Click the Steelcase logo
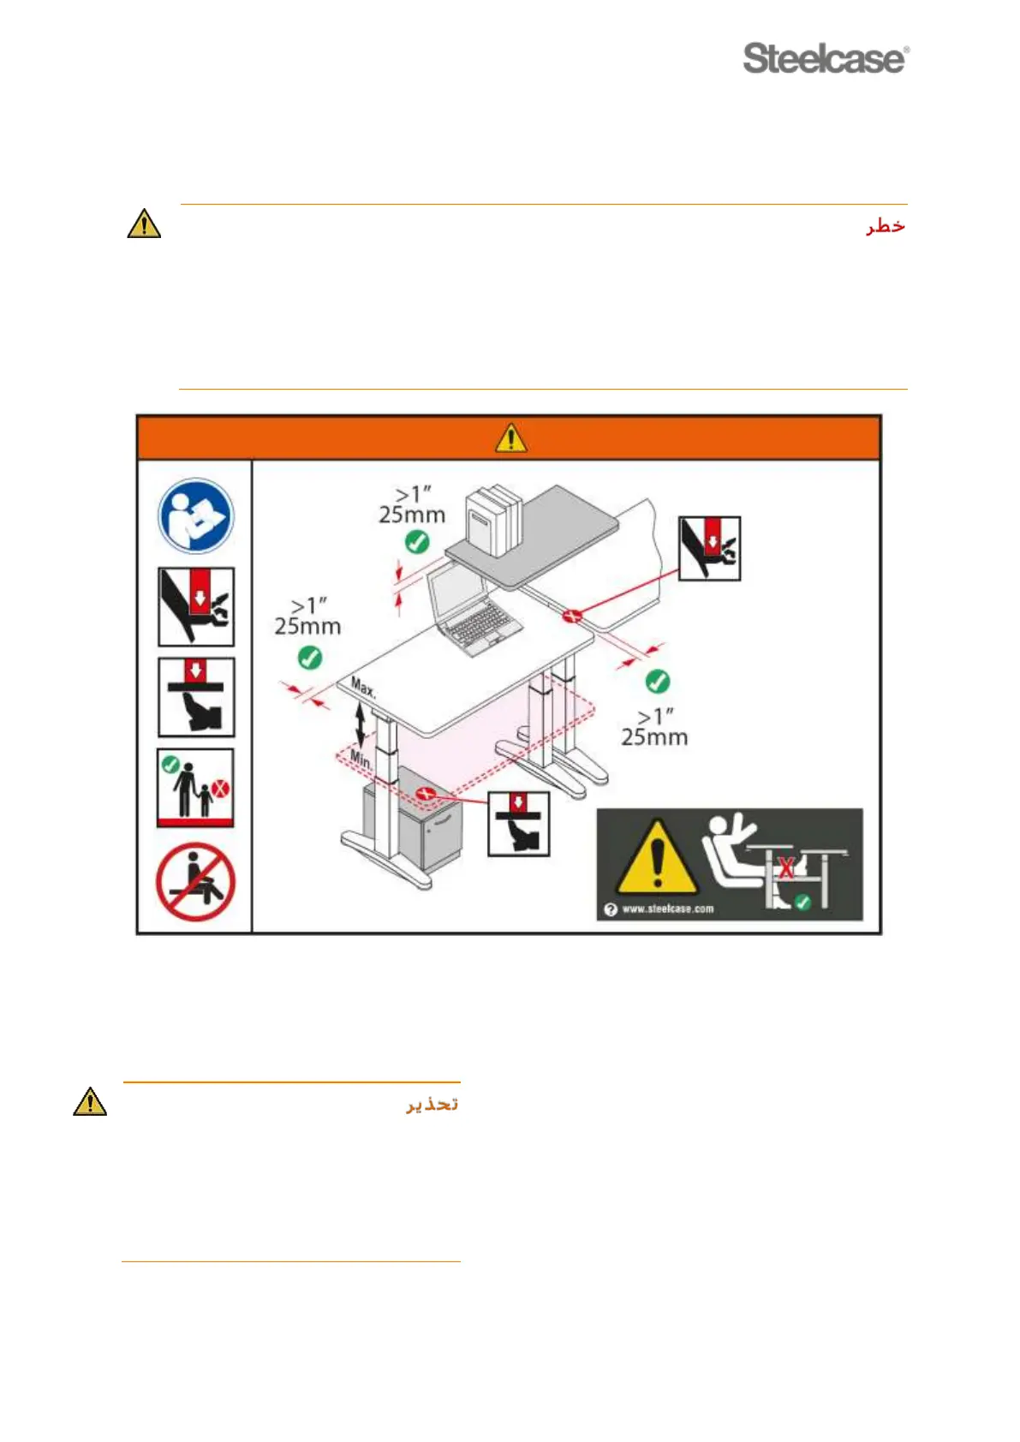click(826, 58)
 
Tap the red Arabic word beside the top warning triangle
click(885, 226)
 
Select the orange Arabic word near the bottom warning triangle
click(432, 1104)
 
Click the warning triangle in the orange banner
click(510, 438)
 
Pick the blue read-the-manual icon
click(195, 516)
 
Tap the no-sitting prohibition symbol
click(195, 882)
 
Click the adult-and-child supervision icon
click(195, 788)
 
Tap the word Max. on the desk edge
click(363, 688)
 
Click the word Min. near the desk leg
click(361, 759)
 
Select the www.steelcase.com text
click(667, 909)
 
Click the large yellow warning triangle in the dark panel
click(656, 858)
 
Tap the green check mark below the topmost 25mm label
click(417, 542)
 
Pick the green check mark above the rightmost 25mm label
click(657, 682)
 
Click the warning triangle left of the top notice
click(144, 224)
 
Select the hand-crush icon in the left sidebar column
click(195, 607)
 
